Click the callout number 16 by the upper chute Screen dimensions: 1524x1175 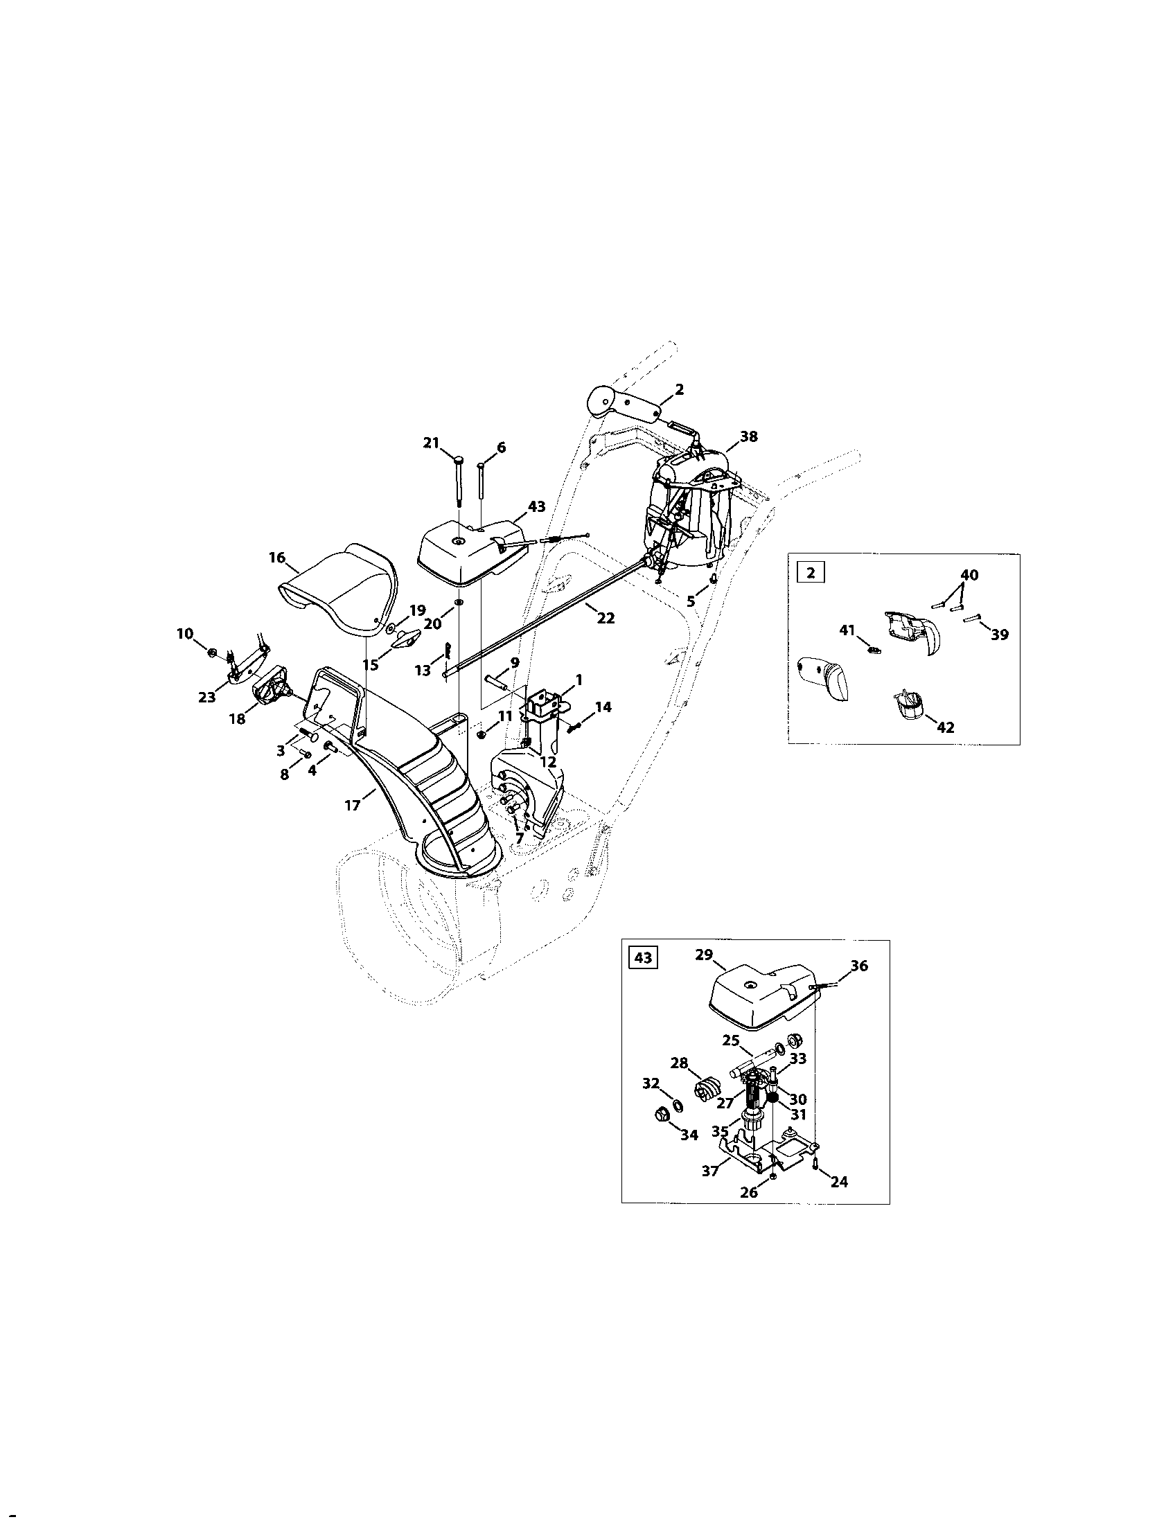277,558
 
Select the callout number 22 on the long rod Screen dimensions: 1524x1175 606,617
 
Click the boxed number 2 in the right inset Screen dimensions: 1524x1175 809,573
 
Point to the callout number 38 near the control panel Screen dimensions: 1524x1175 749,436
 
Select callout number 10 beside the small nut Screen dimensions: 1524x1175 184,634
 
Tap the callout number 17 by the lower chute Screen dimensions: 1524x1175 353,806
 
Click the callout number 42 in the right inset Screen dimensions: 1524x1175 946,727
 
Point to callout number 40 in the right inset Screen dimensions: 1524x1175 969,575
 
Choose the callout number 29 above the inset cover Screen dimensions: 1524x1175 704,955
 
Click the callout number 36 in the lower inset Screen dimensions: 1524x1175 860,966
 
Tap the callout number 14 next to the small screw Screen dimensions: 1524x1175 603,707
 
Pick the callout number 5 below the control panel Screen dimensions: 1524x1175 691,601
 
